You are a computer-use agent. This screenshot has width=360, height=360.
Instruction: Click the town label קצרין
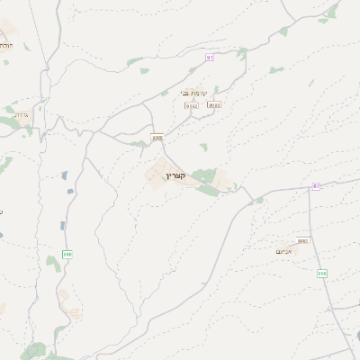click(x=175, y=175)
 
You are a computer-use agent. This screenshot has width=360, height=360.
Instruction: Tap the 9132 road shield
click(x=191, y=104)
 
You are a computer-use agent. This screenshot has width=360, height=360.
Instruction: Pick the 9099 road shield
click(x=213, y=104)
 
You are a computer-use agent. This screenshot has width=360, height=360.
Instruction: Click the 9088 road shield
click(x=157, y=138)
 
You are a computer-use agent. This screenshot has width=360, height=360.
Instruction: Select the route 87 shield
click(x=316, y=185)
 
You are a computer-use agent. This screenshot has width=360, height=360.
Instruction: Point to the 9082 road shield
click(x=302, y=240)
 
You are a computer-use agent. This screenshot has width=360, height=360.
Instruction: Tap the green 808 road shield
click(x=320, y=273)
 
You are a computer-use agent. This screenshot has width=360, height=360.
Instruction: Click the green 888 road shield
click(x=67, y=255)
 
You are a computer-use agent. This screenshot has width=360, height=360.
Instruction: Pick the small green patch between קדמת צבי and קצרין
click(x=203, y=146)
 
